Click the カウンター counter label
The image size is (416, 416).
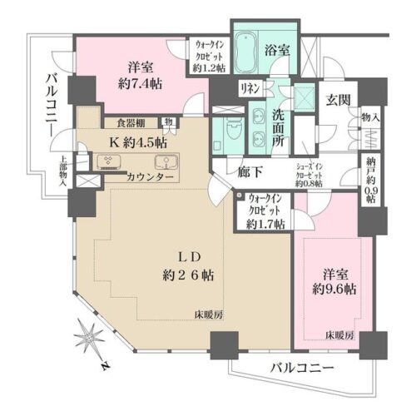(151, 178)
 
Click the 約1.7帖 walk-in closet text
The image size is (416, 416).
(268, 223)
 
